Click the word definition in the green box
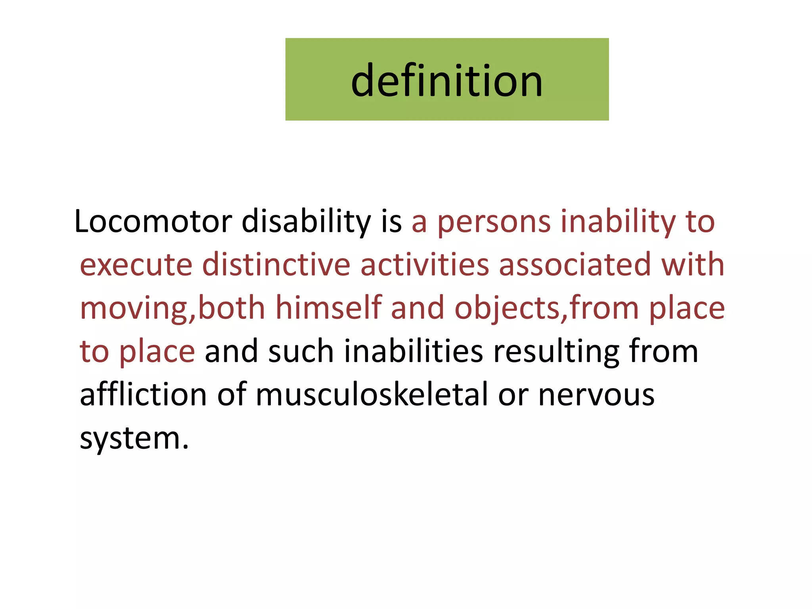[x=447, y=81]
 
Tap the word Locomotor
[x=153, y=221]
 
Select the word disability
[x=306, y=221]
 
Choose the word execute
[x=136, y=264]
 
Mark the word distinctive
[x=276, y=264]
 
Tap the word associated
[x=575, y=264]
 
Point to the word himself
[x=329, y=308]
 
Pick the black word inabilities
[x=414, y=351]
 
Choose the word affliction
[x=144, y=395]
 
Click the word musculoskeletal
[x=372, y=395]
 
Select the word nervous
[x=596, y=395]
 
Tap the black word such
[x=301, y=351]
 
